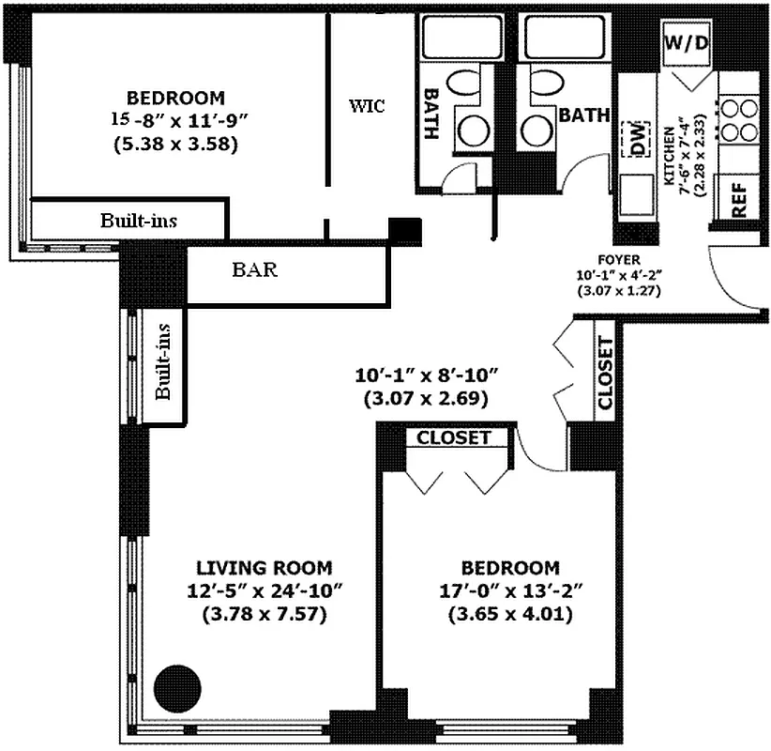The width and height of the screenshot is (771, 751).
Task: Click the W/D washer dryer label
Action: pos(686,42)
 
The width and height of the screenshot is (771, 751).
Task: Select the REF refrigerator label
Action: pos(738,199)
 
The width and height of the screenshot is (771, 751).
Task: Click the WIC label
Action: pos(367,105)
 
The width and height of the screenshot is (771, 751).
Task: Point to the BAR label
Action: pos(254,270)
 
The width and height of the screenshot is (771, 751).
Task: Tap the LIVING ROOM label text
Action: pos(264,568)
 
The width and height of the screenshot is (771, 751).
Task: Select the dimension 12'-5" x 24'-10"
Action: pos(264,591)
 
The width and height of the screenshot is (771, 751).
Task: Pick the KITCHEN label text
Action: pos(671,155)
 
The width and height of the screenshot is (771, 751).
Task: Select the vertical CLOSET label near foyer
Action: pos(605,373)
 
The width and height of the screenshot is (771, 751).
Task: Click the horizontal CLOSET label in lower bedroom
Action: pos(453,437)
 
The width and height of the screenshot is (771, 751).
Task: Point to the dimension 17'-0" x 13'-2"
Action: pos(510,591)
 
